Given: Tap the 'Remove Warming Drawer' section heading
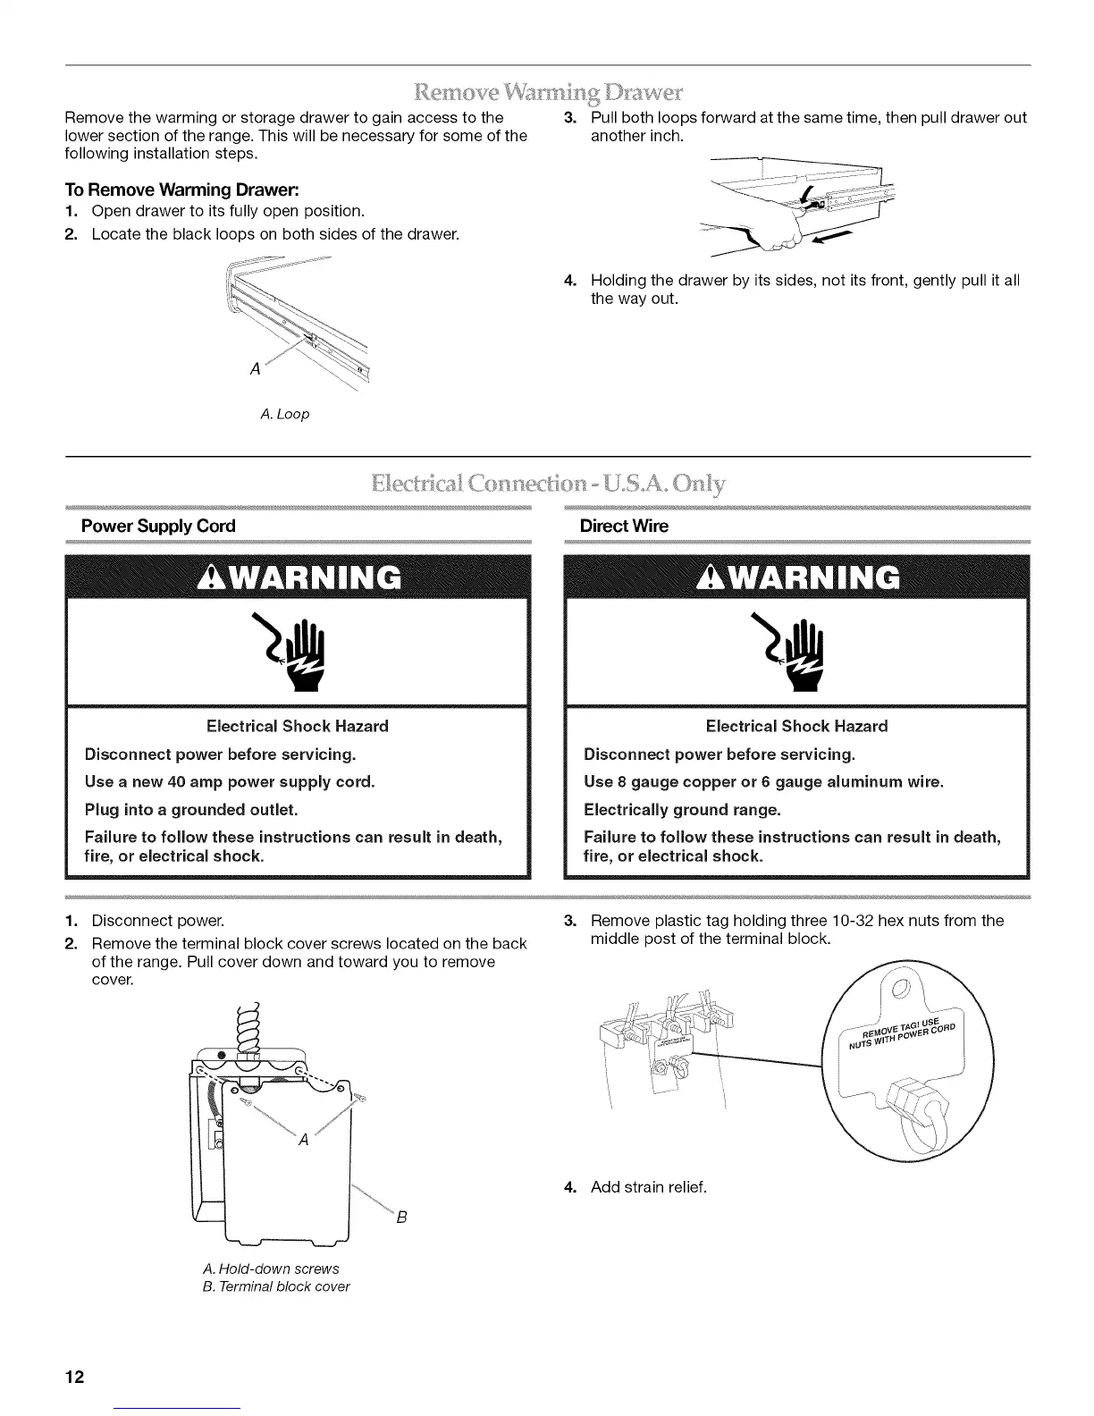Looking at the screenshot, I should pyautogui.click(x=548, y=92).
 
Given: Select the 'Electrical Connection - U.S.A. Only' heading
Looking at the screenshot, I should pyautogui.click(x=548, y=485).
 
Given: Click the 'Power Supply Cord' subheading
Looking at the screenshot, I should pyautogui.click(x=158, y=526).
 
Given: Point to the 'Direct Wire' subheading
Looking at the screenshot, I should pyautogui.click(x=623, y=526).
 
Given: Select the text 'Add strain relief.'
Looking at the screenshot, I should pyautogui.click(x=648, y=1187).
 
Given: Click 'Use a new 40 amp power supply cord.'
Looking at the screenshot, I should pyautogui.click(x=230, y=781).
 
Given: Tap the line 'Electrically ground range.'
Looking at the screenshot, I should pyautogui.click(x=681, y=810).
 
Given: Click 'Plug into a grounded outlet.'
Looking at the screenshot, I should pyautogui.click(x=190, y=810).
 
